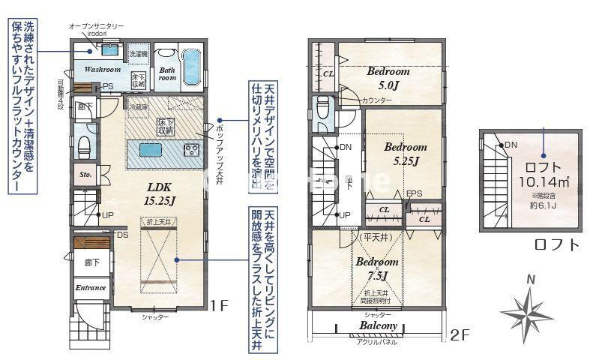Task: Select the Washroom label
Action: [x=102, y=69]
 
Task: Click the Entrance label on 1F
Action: [x=91, y=287]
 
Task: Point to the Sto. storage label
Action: [x=85, y=174]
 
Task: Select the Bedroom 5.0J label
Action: [x=388, y=77]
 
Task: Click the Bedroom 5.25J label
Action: [x=405, y=154]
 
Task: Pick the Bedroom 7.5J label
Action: [x=376, y=268]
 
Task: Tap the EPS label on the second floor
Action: [x=415, y=193]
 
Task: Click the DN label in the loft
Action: [x=511, y=145]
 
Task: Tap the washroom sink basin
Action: [x=109, y=50]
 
